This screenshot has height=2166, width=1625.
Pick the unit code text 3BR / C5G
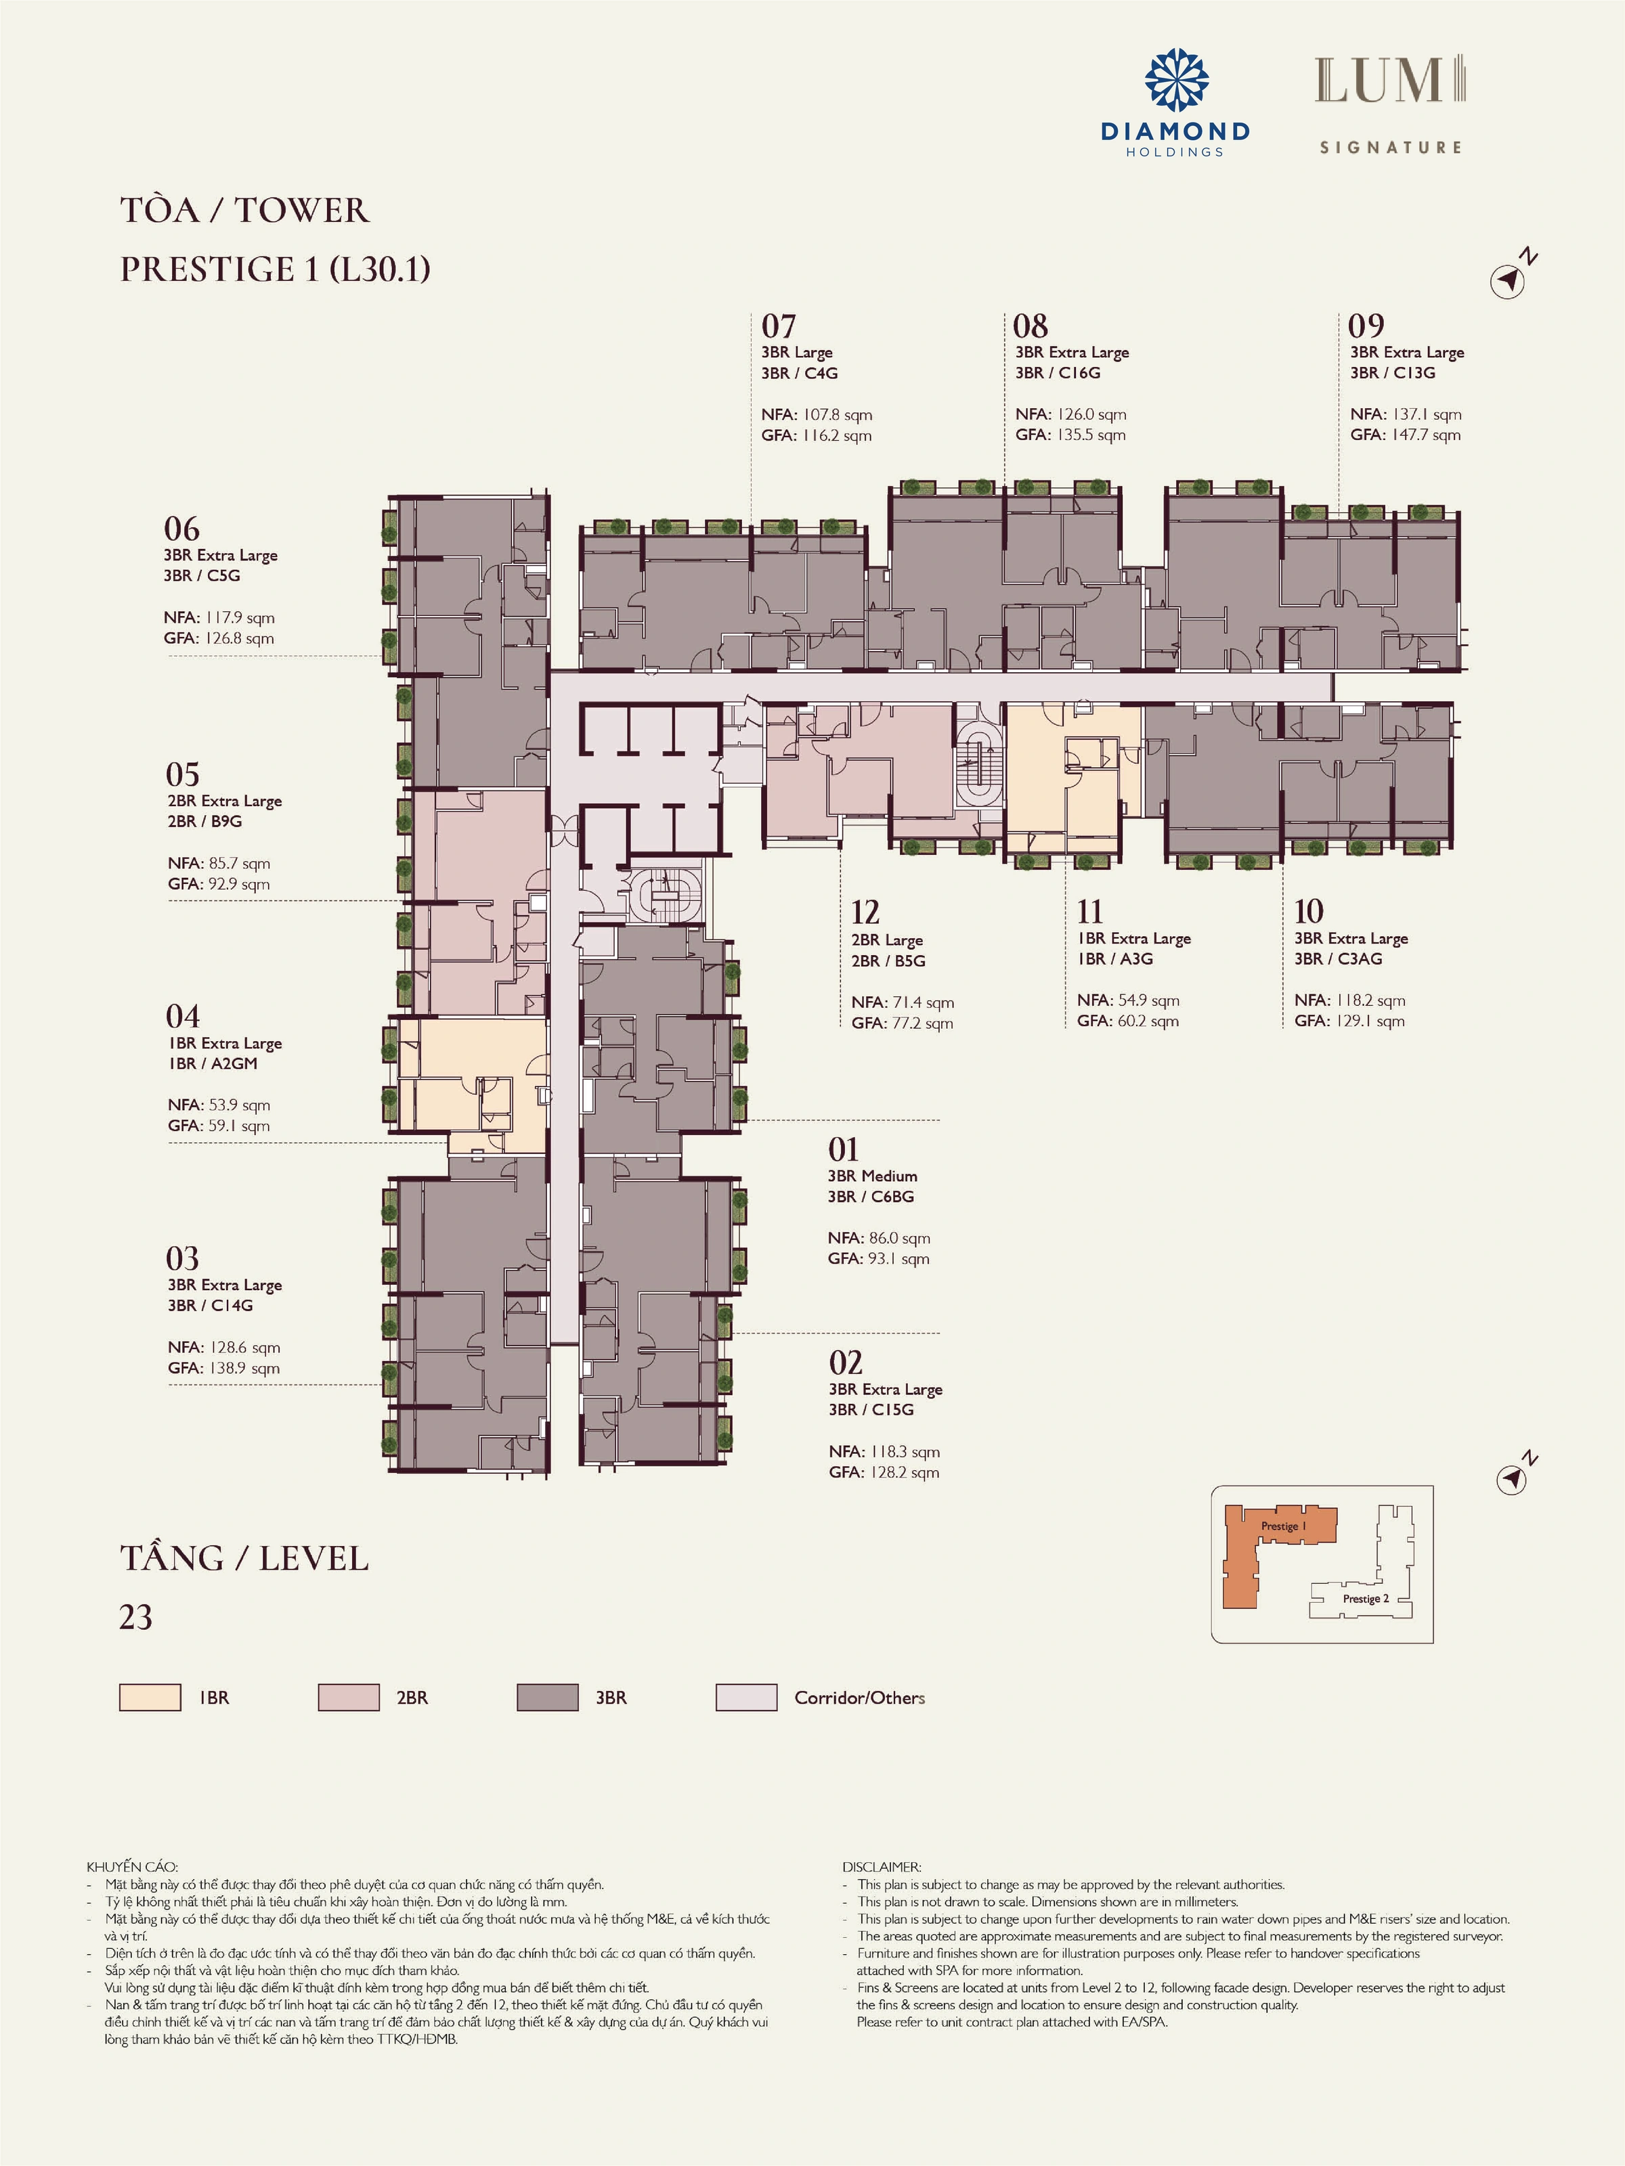tap(202, 576)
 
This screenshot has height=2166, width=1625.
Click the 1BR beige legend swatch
tap(150, 1697)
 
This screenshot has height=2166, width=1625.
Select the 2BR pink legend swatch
tap(349, 1697)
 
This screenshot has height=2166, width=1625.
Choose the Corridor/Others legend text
tap(860, 1698)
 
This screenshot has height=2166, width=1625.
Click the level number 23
tap(136, 1616)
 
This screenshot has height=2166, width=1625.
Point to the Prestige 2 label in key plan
tap(1366, 1598)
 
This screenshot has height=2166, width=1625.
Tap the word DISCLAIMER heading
tap(882, 1867)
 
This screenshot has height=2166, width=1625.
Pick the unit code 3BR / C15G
tap(871, 1410)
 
